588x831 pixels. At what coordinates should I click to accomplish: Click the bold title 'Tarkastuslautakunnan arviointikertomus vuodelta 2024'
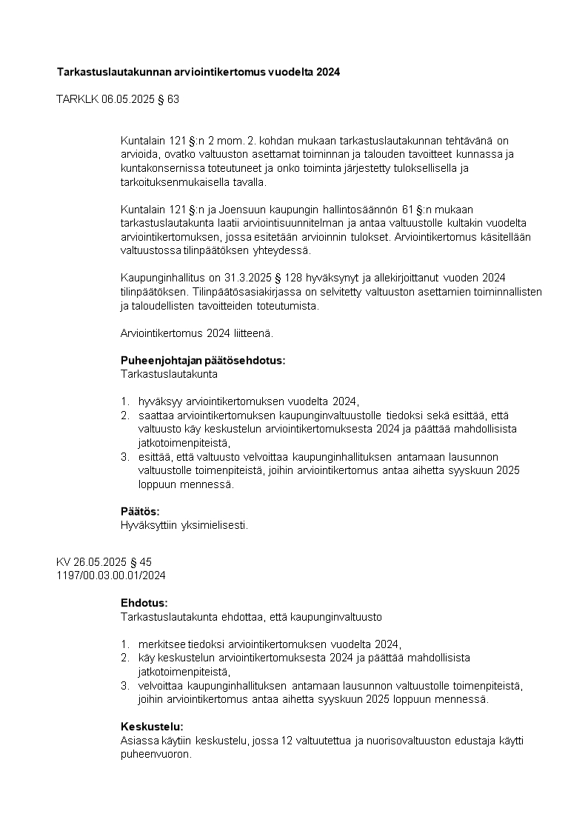(x=199, y=72)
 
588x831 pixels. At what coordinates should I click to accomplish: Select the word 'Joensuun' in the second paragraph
(x=241, y=210)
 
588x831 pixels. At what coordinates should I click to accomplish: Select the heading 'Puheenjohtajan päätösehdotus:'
(x=202, y=361)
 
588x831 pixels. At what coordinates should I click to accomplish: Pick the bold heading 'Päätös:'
(x=140, y=512)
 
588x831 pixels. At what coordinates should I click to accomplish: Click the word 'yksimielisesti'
(x=213, y=525)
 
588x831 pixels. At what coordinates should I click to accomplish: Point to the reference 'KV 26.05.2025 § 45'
(x=104, y=562)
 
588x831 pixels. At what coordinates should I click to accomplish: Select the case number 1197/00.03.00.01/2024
(x=110, y=575)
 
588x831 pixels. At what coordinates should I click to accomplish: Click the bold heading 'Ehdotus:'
(x=144, y=603)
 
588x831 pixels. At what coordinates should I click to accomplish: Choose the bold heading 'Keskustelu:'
(x=152, y=727)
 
